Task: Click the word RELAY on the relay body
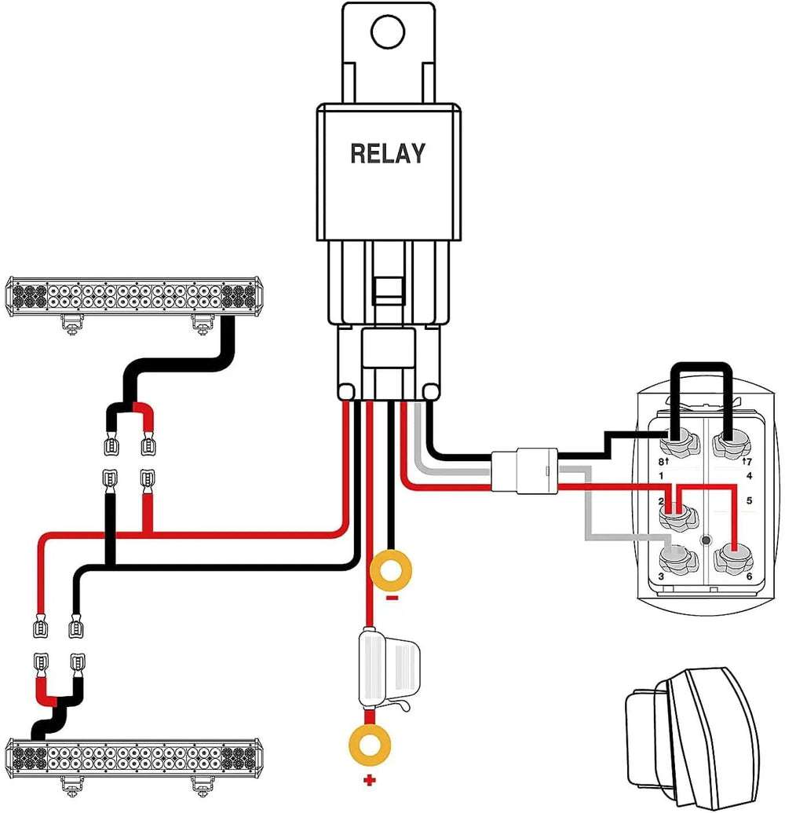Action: [x=388, y=152]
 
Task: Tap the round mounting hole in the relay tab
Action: [x=388, y=33]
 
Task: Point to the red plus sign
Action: [x=367, y=782]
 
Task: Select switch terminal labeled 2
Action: [x=677, y=517]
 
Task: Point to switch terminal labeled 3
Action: [x=677, y=558]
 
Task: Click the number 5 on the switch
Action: [x=749, y=500]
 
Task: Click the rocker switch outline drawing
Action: [x=691, y=734]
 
